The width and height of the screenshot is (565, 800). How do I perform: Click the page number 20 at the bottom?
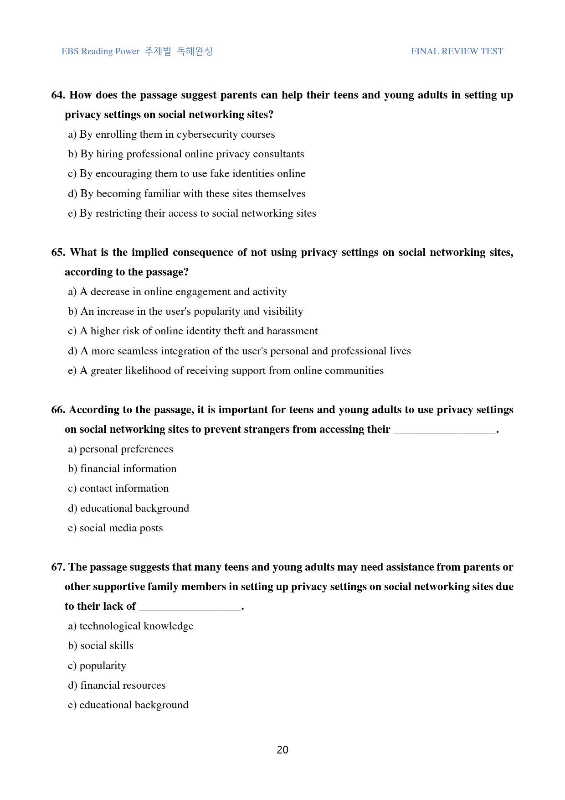pos(282,750)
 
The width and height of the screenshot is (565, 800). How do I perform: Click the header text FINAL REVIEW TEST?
pos(457,52)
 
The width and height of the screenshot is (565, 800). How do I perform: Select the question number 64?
pos(58,95)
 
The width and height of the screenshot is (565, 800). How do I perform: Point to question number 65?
pos(58,252)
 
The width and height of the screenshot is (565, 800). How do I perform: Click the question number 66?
pos(58,410)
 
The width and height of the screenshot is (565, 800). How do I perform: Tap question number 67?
pos(58,567)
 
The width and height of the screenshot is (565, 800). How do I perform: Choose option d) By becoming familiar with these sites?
pos(187,193)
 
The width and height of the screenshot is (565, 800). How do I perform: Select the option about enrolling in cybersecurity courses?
pos(171,135)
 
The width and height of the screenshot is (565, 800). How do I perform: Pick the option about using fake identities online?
pos(187,174)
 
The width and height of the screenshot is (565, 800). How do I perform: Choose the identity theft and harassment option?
pos(193,331)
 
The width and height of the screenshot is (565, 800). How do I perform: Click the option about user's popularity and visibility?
pos(185,312)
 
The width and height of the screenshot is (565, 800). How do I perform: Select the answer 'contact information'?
pos(118,488)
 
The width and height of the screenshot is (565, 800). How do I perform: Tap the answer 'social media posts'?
pos(115,528)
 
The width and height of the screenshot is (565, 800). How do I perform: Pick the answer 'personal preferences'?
pos(121,449)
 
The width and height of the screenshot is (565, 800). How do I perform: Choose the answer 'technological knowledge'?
pos(131,626)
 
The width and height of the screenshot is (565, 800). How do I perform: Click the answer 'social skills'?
pos(101,646)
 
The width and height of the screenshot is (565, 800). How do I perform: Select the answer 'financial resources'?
pos(117,686)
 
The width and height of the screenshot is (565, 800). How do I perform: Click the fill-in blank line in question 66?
pos(445,430)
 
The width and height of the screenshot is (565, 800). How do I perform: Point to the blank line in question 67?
pos(190,607)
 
